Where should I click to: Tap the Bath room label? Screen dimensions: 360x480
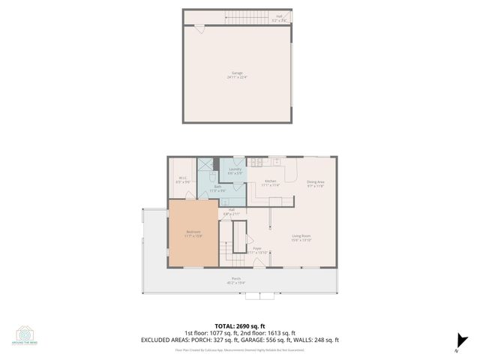click(217, 187)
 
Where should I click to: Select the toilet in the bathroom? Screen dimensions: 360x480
click(212, 177)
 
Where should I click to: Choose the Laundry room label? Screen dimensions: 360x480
click(233, 172)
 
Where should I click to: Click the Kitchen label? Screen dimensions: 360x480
click(271, 183)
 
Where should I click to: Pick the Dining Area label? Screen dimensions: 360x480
click(316, 183)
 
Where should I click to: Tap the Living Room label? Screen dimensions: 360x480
click(301, 238)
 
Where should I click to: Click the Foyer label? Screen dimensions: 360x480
click(256, 250)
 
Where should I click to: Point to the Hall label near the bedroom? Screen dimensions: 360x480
click(232, 211)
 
